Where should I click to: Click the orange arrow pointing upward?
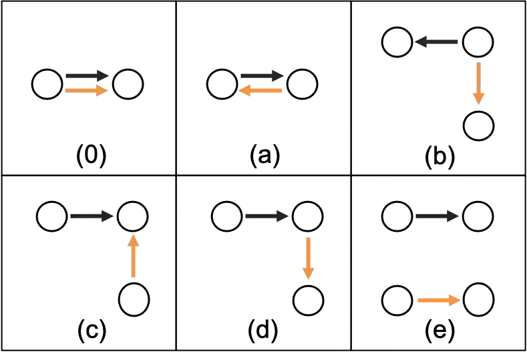coord(134,256)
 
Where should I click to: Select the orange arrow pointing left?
coord(261,91)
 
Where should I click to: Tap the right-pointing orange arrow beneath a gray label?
coord(87,91)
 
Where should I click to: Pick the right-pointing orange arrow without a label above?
coord(438,301)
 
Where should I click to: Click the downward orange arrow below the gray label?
coord(478,82)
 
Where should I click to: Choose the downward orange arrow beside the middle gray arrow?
coord(308,258)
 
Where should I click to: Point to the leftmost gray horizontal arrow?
coord(90,216)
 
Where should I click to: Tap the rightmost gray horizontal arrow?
coord(435,216)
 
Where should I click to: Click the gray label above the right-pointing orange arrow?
coord(86,74)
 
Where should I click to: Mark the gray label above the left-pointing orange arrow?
coord(262,74)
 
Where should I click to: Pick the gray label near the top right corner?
coord(438,43)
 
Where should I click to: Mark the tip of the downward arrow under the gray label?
coord(478,104)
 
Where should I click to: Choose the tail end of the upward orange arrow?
coord(134,276)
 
